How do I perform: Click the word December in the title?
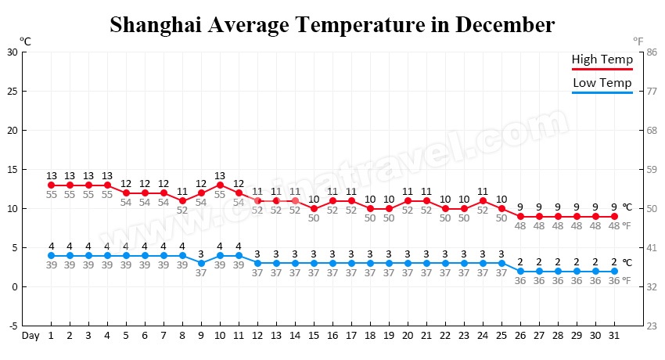(x=505, y=25)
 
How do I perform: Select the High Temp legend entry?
(x=602, y=60)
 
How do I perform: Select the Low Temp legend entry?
(x=602, y=83)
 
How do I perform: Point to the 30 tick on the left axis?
(x=12, y=52)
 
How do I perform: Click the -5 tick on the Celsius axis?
(x=12, y=326)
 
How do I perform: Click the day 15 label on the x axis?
(x=314, y=336)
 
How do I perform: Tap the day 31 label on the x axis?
(x=614, y=336)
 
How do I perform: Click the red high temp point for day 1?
(x=51, y=185)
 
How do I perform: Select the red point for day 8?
(x=182, y=201)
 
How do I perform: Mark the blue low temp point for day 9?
(x=201, y=264)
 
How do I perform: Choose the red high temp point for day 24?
(x=483, y=201)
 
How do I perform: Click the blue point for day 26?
(x=520, y=272)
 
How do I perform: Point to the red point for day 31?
(x=614, y=217)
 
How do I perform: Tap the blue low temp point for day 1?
(x=51, y=256)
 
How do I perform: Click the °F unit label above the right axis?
(x=639, y=40)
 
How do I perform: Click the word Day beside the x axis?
(x=31, y=336)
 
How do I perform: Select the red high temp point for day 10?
(x=220, y=185)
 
